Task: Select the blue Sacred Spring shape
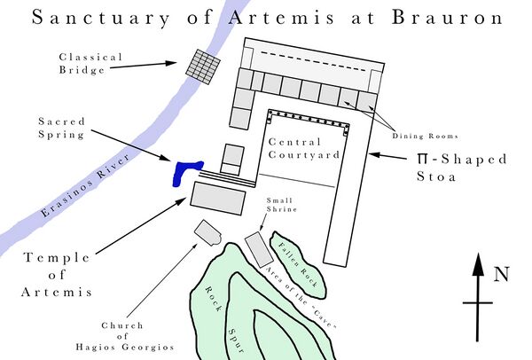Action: pos(186,170)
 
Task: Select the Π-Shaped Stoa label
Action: pos(462,168)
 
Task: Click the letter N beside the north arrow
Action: pos(501,274)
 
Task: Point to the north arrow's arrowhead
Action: pos(478,264)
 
